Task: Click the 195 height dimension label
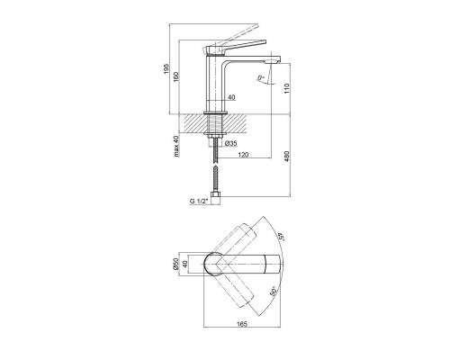tap(167, 69)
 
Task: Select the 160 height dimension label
tap(176, 77)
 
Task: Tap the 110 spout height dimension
tap(286, 88)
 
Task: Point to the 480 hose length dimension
tap(286, 157)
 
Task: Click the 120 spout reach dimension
tap(243, 155)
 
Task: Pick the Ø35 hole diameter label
tap(230, 143)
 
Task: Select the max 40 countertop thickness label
tap(176, 146)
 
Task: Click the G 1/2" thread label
tap(199, 202)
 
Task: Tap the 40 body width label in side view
tap(231, 97)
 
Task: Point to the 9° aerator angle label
tap(261, 78)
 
